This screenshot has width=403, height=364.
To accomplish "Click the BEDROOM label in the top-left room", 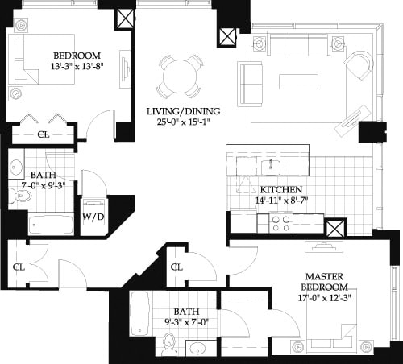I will [76, 55].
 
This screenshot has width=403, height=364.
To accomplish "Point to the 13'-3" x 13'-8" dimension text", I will [76, 67].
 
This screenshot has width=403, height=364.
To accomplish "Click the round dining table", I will [180, 76].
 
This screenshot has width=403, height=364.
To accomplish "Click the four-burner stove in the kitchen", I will [280, 221].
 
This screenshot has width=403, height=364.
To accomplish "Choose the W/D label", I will [93, 217].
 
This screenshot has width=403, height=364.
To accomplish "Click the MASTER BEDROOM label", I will [324, 282].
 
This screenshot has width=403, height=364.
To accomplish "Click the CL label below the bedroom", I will [43, 134].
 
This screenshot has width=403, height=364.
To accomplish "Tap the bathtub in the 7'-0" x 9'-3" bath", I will [51, 223].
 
